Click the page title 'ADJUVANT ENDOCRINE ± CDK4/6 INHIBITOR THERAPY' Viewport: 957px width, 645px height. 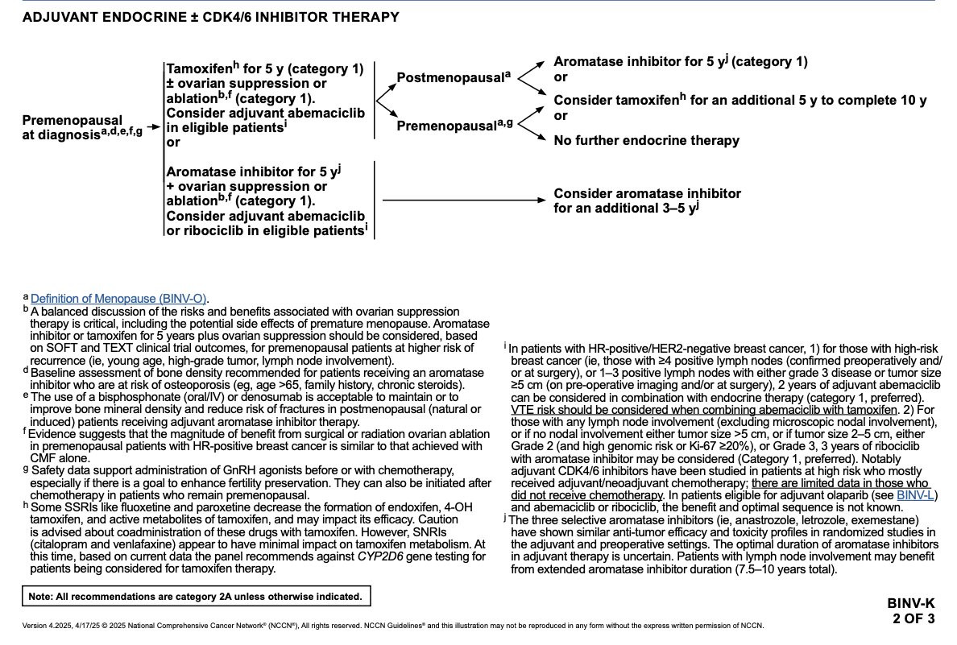click(210, 17)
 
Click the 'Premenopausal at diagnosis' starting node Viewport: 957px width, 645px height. click(72, 128)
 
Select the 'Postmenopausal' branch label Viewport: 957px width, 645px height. click(454, 78)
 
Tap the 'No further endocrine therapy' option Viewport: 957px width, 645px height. click(646, 141)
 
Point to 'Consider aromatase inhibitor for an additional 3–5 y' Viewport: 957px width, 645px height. click(647, 201)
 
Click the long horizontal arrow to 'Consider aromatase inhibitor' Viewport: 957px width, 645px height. click(463, 200)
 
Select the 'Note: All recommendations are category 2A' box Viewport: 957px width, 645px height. click(196, 597)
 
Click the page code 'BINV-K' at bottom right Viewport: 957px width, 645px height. click(911, 603)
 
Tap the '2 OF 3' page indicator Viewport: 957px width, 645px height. click(913, 618)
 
